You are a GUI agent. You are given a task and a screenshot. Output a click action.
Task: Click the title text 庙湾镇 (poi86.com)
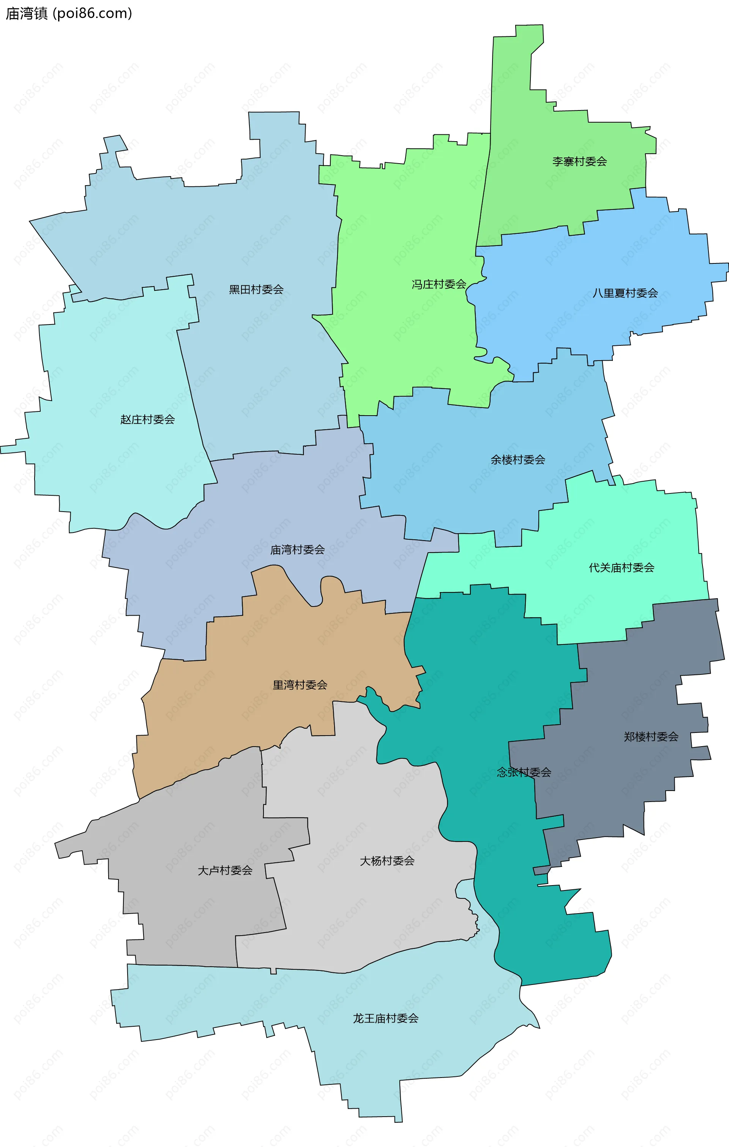[x=69, y=13]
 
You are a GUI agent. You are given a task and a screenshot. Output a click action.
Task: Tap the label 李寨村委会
[x=579, y=161]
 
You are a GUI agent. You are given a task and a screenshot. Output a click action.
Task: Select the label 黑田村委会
[x=256, y=289]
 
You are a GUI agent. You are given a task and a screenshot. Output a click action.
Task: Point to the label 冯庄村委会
[x=439, y=284]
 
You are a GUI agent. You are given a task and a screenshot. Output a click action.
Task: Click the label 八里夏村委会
[x=625, y=293]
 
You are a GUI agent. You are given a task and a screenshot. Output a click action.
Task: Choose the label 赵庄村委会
[x=148, y=419]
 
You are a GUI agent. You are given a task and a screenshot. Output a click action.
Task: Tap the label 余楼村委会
[x=518, y=460]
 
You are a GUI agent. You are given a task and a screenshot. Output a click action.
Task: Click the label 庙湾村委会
[x=298, y=550]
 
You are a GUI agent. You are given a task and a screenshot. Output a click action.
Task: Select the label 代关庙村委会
[x=621, y=567]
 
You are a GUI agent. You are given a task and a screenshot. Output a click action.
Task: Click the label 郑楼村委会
[x=651, y=737]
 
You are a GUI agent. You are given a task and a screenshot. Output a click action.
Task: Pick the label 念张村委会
[x=524, y=772]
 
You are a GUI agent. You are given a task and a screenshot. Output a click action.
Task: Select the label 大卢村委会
[x=225, y=870]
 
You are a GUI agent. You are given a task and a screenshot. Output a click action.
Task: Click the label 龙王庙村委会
[x=385, y=1018]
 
